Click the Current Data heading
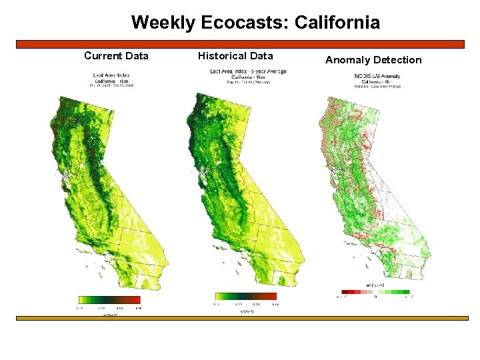pos(116,55)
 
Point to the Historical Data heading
pos(235,55)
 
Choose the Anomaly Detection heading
pos(373,60)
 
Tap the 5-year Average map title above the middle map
pos(248,71)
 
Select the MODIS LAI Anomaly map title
pos(377,75)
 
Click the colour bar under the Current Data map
pos(109,300)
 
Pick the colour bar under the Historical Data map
pos(245,296)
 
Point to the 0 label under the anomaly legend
pos(375,297)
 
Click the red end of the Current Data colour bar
pos(135,300)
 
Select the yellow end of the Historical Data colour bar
pos(220,296)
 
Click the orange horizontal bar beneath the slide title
pos(240,44)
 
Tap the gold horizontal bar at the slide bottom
pos(240,318)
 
